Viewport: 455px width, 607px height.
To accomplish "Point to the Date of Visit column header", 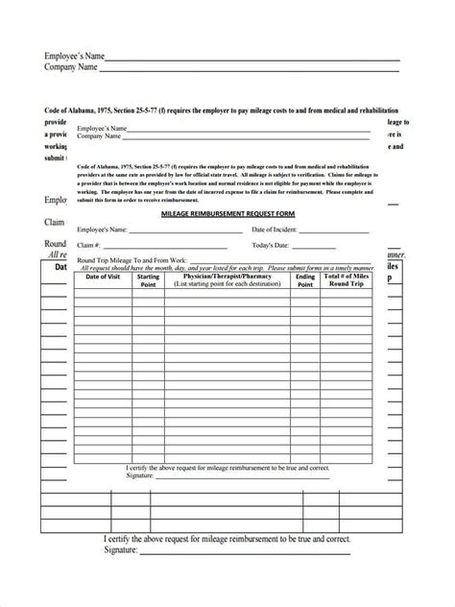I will click(103, 277).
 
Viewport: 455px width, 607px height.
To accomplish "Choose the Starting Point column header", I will click(149, 280).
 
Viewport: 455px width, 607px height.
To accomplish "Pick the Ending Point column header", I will click(305, 280).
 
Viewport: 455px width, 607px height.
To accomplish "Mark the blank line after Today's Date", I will click(336, 248).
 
